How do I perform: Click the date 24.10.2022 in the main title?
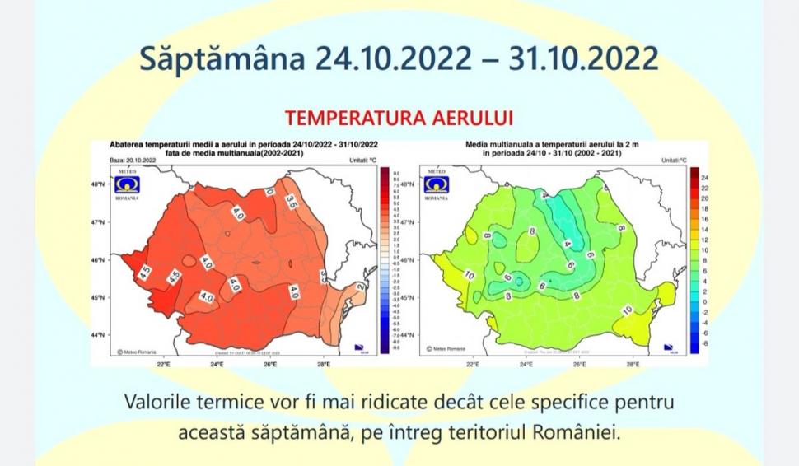coord(396,60)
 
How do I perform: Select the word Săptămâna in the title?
coord(222,60)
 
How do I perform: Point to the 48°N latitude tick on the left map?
coord(97,184)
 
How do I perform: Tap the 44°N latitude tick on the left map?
coord(97,335)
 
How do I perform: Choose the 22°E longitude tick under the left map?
coord(162,364)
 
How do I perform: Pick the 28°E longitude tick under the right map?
coord(633,364)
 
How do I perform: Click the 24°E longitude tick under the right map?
coord(526,364)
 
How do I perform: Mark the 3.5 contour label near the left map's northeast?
coord(291,200)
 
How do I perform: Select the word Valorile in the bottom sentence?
coord(157,403)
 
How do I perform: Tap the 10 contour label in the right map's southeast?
coord(627,310)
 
